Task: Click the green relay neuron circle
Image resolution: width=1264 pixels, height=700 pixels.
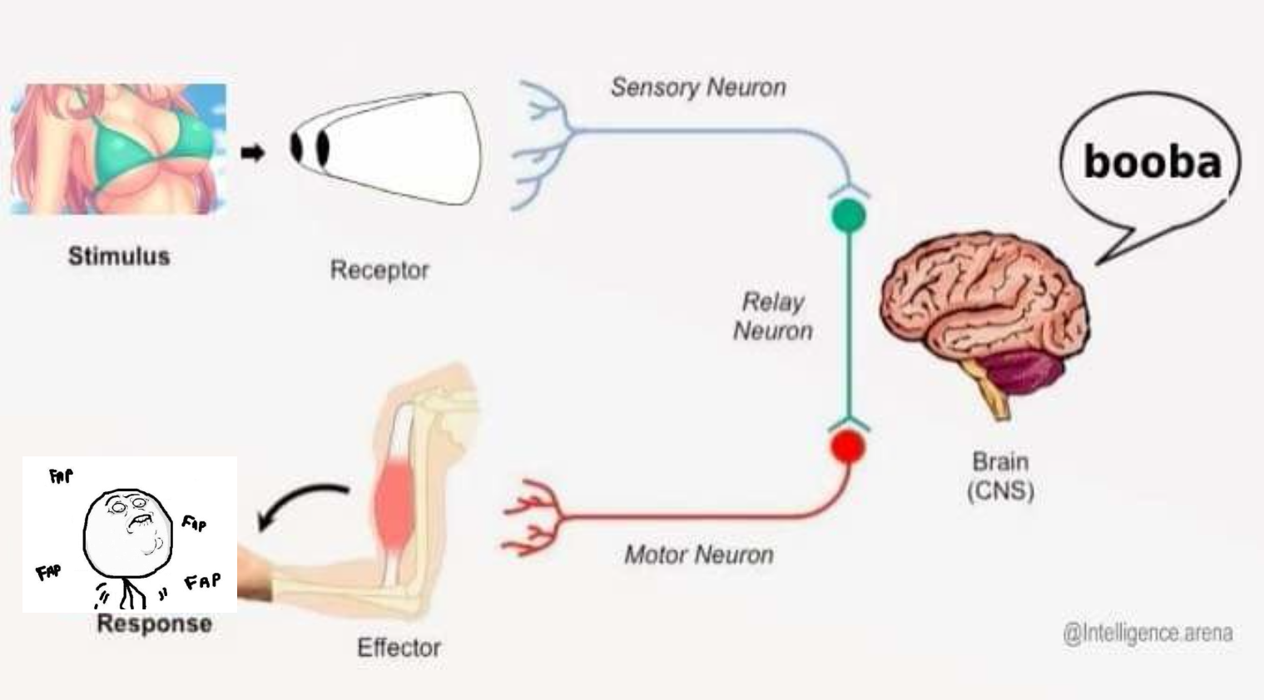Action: point(848,215)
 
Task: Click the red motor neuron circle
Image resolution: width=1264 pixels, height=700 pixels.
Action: point(847,446)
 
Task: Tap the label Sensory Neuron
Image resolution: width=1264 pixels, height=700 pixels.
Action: point(698,87)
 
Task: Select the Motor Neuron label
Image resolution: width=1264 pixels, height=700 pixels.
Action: point(698,555)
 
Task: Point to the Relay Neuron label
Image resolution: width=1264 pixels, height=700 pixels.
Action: point(773,317)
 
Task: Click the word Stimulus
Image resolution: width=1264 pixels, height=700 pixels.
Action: point(119,256)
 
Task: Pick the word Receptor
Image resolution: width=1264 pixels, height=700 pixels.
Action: point(379,270)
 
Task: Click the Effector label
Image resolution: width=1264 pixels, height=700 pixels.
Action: point(399,648)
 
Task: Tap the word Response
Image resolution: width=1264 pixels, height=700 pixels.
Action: point(154,624)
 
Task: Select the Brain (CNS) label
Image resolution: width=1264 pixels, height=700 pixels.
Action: point(1000,476)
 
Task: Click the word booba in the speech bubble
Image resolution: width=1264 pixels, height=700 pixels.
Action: point(1152,161)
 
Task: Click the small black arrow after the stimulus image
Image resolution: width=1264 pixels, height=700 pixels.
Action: point(252,153)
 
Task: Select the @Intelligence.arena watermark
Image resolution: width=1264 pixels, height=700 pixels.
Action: point(1148,633)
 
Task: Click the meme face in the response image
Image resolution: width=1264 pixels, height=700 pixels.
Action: point(127,532)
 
